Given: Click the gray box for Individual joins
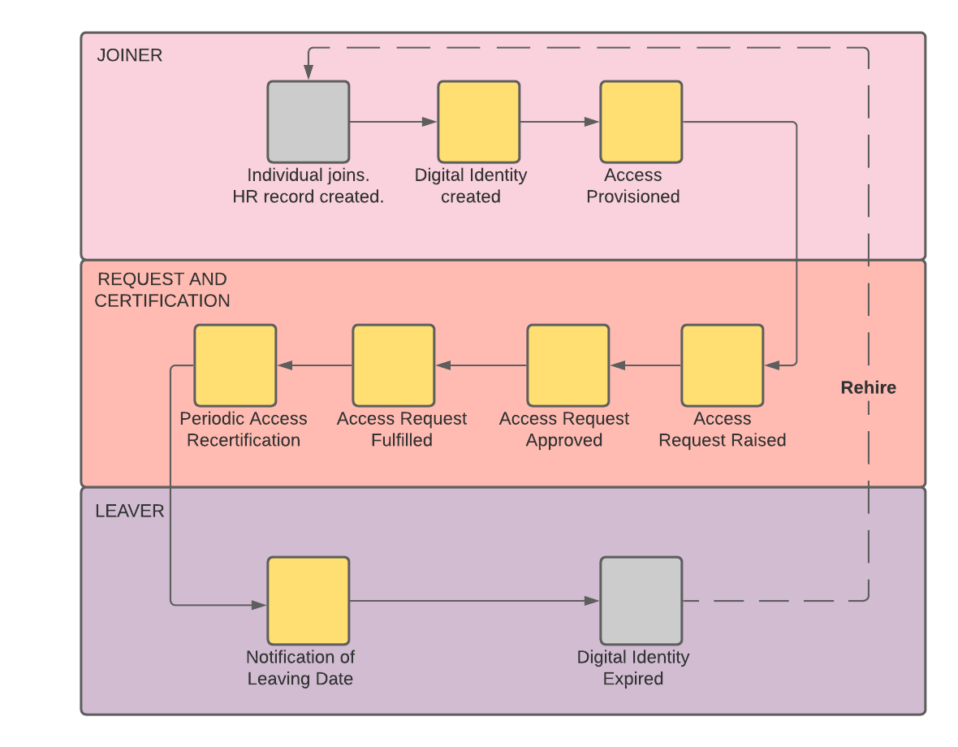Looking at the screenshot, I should coord(309,122).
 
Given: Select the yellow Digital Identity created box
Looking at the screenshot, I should coord(479,122).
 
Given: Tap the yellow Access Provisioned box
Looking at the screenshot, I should coord(641,122).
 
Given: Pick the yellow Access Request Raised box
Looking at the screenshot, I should coord(723,365).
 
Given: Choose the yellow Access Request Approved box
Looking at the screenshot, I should coord(568,365).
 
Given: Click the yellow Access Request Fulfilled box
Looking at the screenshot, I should coord(394,365).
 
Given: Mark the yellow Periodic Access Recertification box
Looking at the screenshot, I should coord(235,365).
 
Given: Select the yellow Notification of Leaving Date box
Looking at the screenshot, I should coord(309,601).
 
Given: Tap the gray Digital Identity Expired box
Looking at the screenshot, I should coord(641,601).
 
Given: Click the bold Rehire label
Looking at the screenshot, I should coord(868,388).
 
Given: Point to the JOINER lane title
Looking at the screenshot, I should coord(129,56).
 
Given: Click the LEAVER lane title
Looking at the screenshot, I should coord(129,512).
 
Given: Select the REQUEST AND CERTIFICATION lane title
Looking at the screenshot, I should coord(162,290).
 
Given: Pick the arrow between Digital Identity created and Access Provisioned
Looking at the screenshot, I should coord(560,122).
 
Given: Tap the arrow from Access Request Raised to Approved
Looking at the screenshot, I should coord(645,365).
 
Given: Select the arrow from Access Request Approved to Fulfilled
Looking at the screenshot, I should coord(481,365).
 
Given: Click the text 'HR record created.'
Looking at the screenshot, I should coord(309,197).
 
